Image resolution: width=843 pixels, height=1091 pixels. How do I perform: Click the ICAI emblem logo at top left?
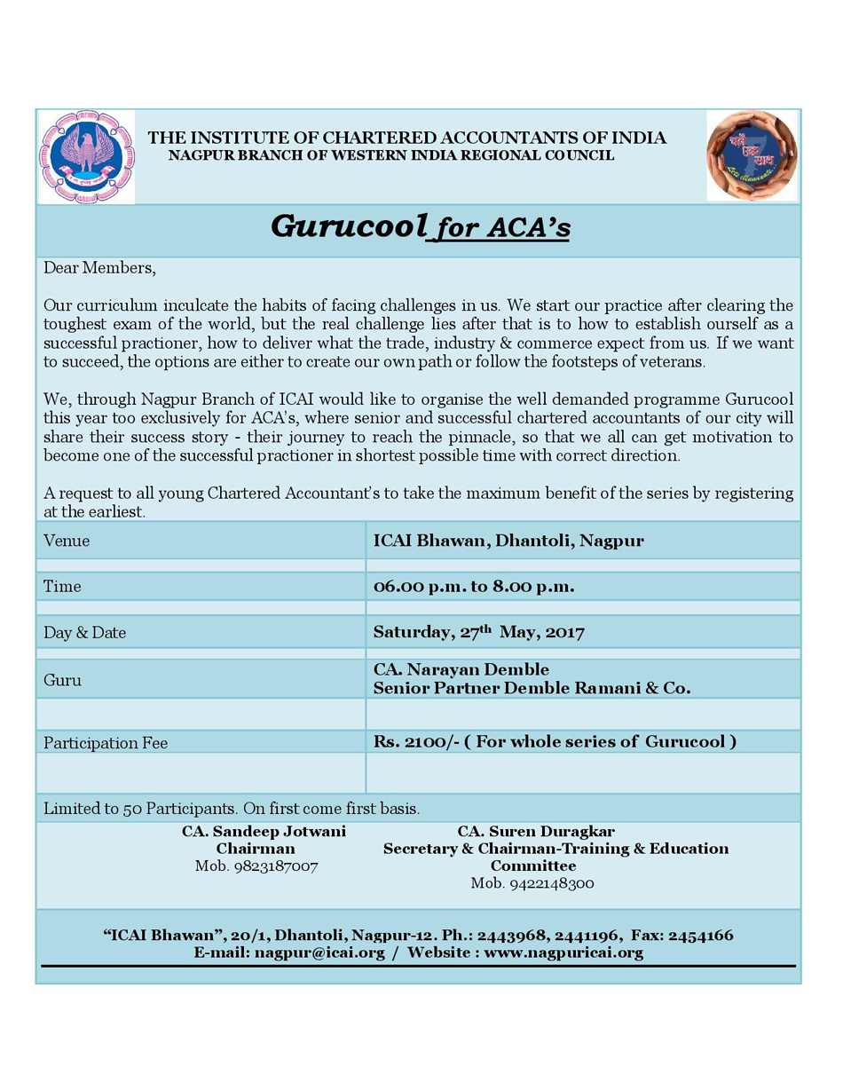pyautogui.click(x=86, y=156)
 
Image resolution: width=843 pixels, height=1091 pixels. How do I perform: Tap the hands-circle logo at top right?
pyautogui.click(x=752, y=155)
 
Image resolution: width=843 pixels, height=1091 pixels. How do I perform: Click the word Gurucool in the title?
pyautogui.click(x=349, y=226)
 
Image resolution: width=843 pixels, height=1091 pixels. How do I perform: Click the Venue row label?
pyautogui.click(x=67, y=541)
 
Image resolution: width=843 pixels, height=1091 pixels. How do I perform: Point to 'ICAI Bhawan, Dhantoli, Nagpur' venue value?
pyautogui.click(x=508, y=540)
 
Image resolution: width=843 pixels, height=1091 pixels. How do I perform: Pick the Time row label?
pyautogui.click(x=62, y=587)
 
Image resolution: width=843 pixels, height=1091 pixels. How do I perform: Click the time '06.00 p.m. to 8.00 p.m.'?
pyautogui.click(x=474, y=586)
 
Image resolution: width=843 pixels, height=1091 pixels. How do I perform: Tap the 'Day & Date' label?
pyautogui.click(x=85, y=633)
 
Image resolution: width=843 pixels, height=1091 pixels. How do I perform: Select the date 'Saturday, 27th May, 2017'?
pyautogui.click(x=478, y=632)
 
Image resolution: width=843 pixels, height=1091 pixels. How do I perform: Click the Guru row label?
pyautogui.click(x=62, y=680)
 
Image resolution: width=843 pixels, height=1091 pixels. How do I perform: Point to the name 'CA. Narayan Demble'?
pyautogui.click(x=461, y=669)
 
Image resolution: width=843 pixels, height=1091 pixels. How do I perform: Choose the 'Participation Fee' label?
pyautogui.click(x=106, y=743)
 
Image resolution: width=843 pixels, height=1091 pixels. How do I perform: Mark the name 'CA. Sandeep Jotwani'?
pyautogui.click(x=264, y=832)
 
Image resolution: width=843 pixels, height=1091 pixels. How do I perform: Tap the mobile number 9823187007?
pyautogui.click(x=256, y=866)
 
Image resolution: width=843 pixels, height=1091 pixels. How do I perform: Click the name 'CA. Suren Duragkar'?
pyautogui.click(x=536, y=832)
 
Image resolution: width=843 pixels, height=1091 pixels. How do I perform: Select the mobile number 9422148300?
pyautogui.click(x=532, y=883)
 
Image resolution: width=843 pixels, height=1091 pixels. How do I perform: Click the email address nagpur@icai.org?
pyautogui.click(x=319, y=953)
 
